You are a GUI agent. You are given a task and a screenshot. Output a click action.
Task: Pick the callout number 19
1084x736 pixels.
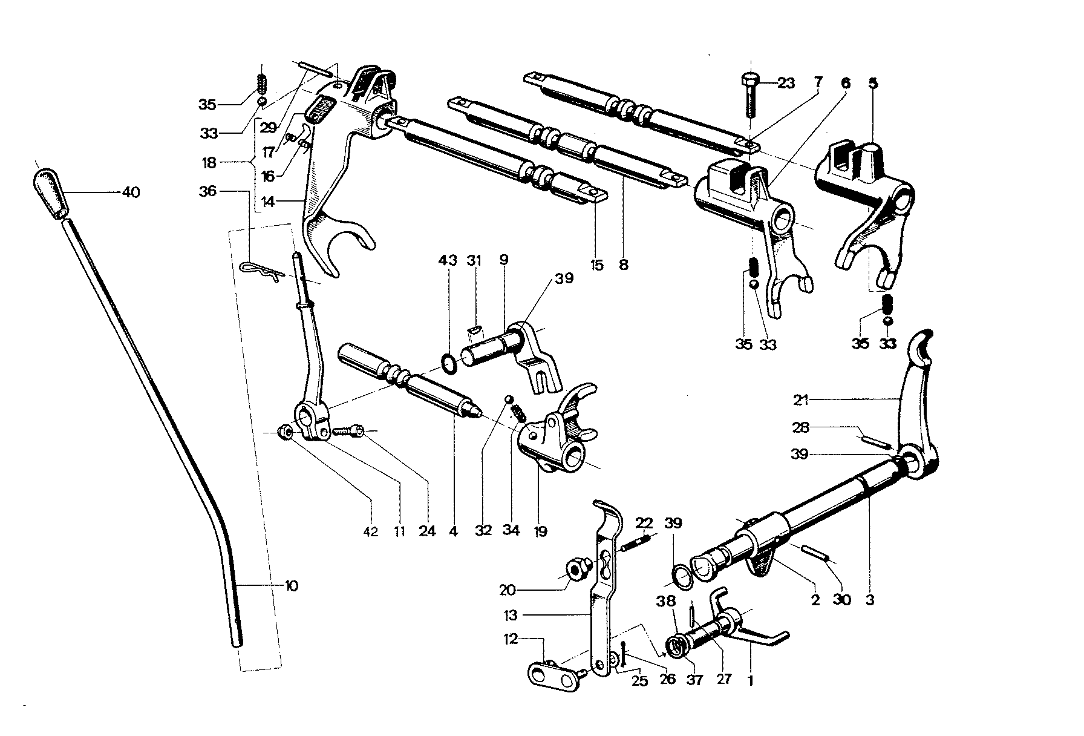[x=540, y=532]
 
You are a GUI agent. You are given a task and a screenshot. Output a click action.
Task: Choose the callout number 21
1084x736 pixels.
[x=802, y=400]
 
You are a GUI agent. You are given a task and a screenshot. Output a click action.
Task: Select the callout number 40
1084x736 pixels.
[x=131, y=192]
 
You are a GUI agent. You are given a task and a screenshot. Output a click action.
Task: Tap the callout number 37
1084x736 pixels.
[x=694, y=680]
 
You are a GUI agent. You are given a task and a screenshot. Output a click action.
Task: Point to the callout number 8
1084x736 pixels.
[x=624, y=264]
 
